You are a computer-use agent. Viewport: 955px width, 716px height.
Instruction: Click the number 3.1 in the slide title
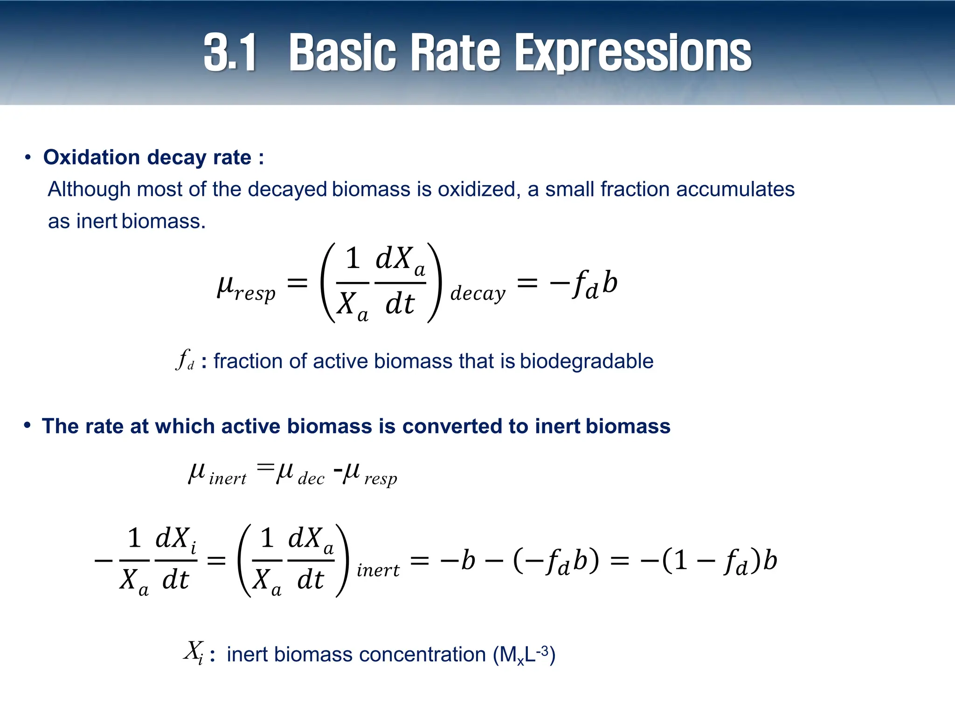click(x=230, y=53)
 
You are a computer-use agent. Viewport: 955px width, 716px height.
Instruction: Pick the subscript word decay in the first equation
click(x=477, y=294)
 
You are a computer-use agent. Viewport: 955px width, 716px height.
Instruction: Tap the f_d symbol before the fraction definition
click(x=185, y=360)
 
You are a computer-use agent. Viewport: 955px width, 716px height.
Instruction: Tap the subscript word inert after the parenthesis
click(x=378, y=570)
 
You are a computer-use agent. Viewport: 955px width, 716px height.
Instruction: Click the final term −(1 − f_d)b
click(x=709, y=560)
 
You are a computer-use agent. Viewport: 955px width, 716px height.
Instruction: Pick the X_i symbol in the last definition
click(x=193, y=651)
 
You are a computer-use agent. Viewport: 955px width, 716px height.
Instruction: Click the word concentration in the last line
click(x=422, y=654)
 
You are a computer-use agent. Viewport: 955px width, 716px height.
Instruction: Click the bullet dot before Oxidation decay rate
click(x=28, y=158)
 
